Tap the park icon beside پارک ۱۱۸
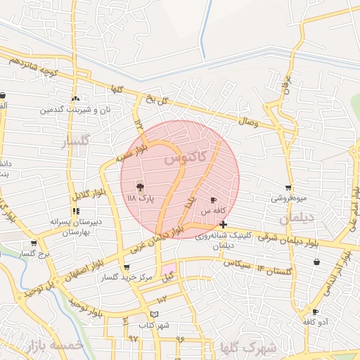click(139, 188)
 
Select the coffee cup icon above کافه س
click(214, 200)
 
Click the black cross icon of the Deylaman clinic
click(223, 224)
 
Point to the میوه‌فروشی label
click(289, 198)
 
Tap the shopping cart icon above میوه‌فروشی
click(288, 188)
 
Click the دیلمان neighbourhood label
click(294, 219)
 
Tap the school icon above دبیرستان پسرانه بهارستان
click(75, 211)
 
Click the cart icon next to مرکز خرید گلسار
click(126, 267)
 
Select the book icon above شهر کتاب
click(155, 314)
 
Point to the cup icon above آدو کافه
click(315, 311)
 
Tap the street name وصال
click(249, 123)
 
